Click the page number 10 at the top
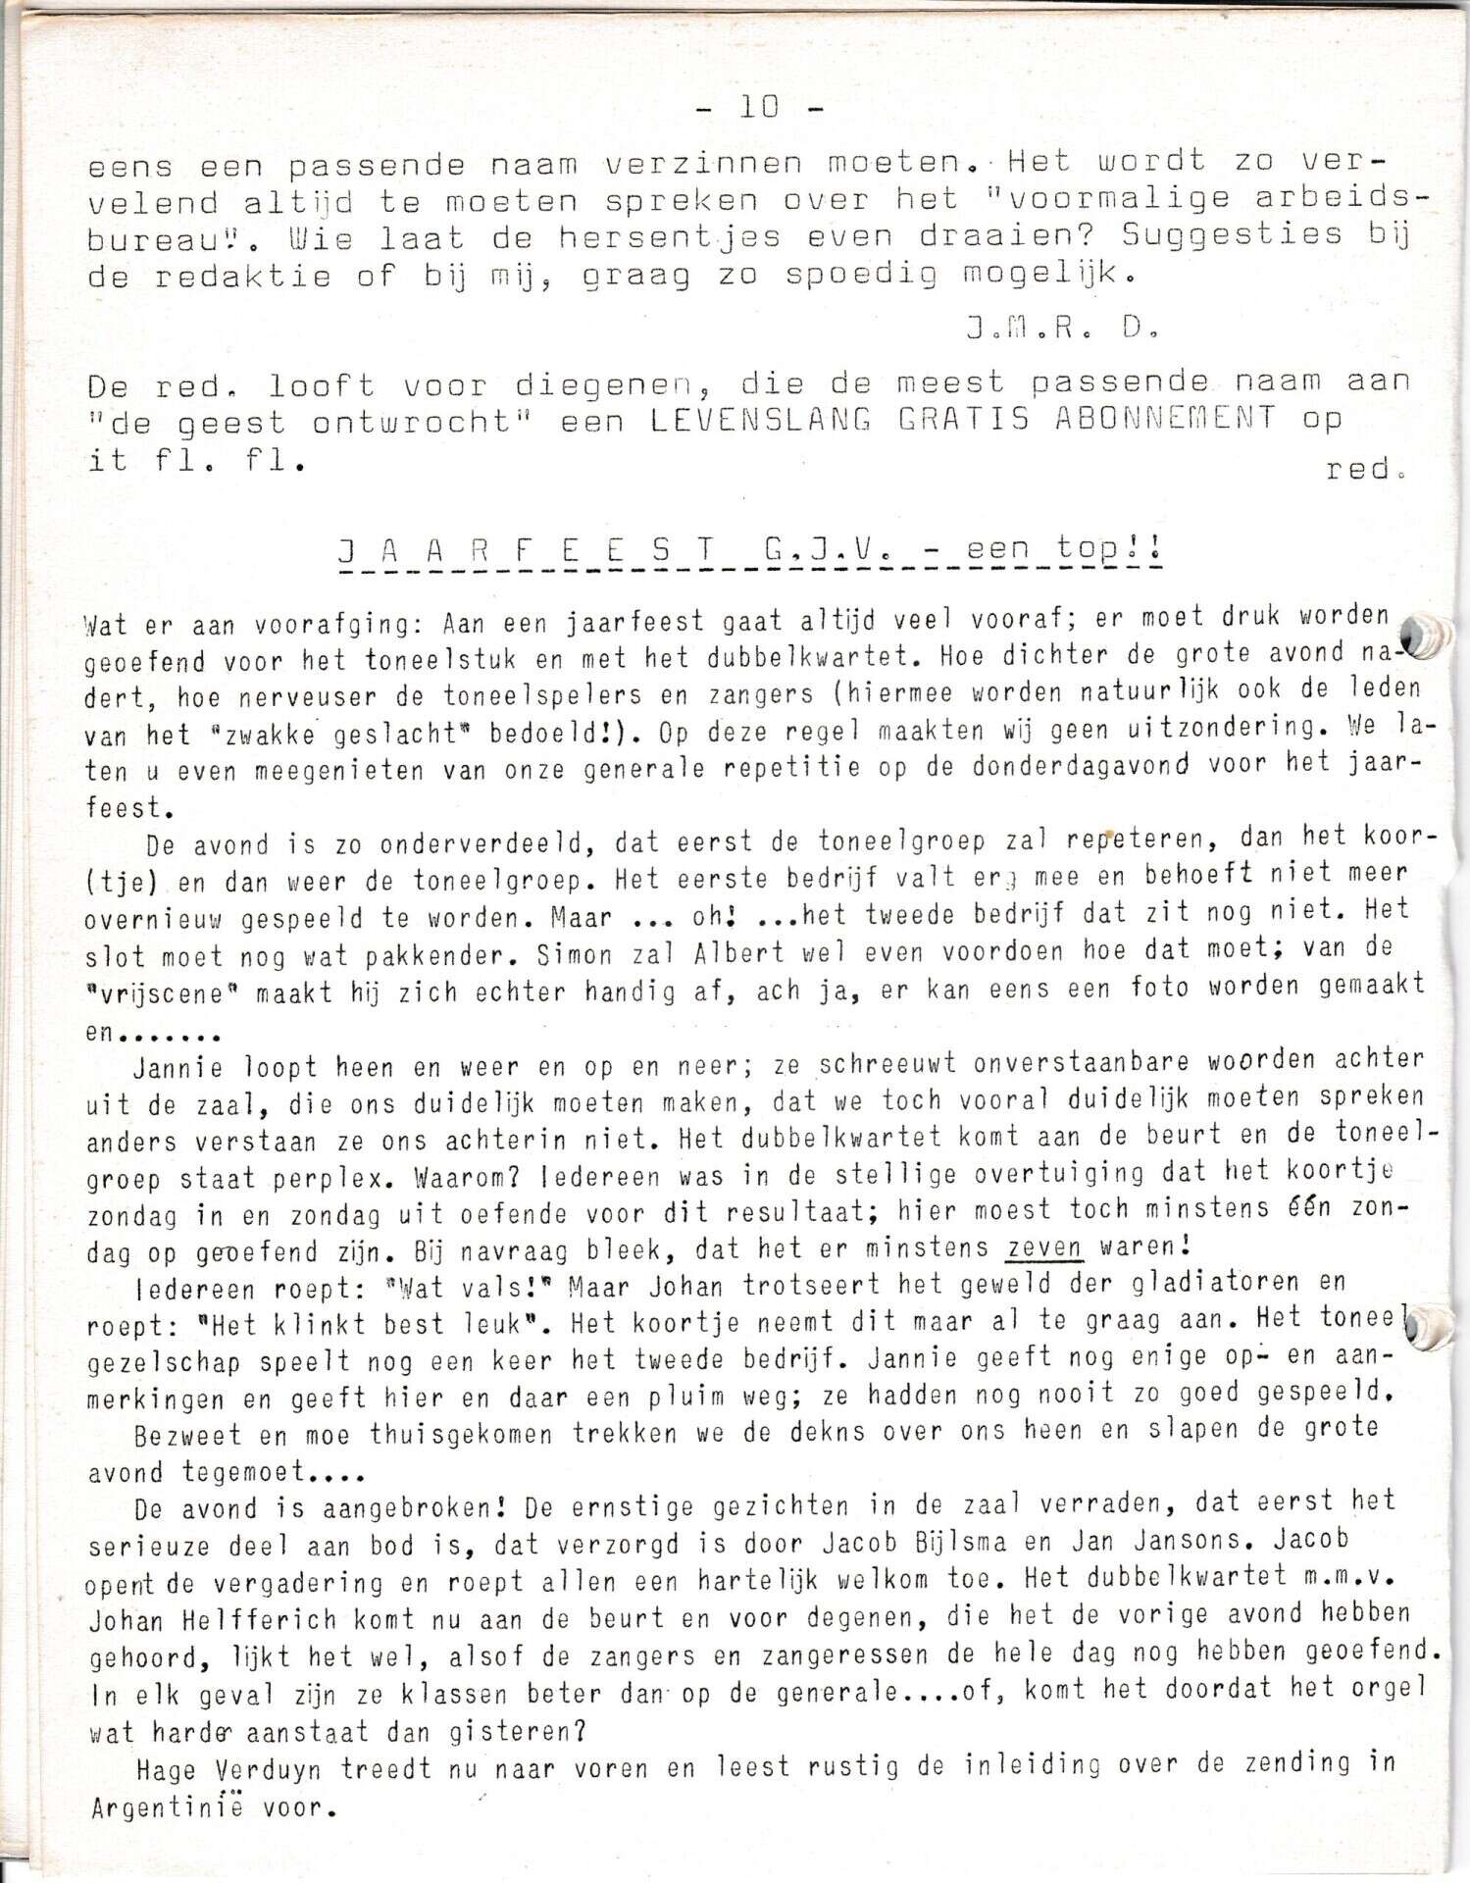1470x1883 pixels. click(x=759, y=107)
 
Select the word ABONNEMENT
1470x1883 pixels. click(x=1166, y=419)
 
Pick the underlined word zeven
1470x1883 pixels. click(x=1044, y=1248)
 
